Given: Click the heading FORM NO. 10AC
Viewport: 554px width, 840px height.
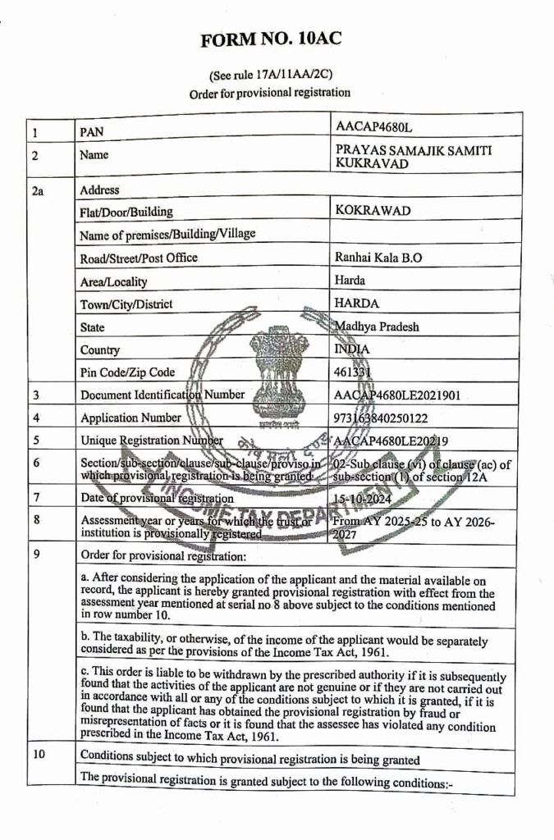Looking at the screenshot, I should [271, 39].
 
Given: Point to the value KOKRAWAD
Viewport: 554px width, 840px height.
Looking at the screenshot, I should [373, 211].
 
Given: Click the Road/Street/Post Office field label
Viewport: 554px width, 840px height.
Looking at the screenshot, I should [139, 258].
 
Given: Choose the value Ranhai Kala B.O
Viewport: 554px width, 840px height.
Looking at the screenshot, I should [378, 257].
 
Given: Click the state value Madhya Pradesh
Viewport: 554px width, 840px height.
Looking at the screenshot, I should [377, 326].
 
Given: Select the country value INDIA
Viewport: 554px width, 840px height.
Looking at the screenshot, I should [352, 349].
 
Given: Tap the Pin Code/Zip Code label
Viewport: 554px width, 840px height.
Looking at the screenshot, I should [127, 372].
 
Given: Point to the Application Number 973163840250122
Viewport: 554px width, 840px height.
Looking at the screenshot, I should [392, 418].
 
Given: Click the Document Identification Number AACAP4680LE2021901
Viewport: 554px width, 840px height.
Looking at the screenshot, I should [397, 395].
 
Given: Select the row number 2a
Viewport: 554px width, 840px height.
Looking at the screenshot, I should [37, 190].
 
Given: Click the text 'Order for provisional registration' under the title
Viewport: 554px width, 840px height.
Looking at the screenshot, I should [270, 94].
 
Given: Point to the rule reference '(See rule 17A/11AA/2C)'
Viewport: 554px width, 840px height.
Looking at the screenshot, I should [271, 75].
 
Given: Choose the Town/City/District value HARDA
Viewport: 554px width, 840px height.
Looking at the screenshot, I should [357, 304].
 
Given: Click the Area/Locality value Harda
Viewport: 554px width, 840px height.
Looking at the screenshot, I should [350, 280].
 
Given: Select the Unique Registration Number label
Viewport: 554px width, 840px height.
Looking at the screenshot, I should [152, 441].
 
